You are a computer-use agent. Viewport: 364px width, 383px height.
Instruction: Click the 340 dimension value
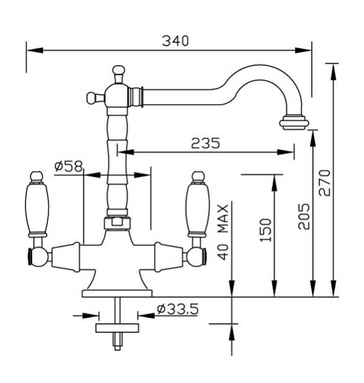click(175, 41)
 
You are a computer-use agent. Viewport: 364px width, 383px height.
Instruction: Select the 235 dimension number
click(205, 143)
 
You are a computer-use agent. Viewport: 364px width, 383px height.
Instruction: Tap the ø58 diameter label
click(68, 165)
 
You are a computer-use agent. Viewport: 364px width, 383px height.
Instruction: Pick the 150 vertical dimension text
click(265, 230)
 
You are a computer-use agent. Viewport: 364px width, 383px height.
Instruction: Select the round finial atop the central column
click(118, 71)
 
